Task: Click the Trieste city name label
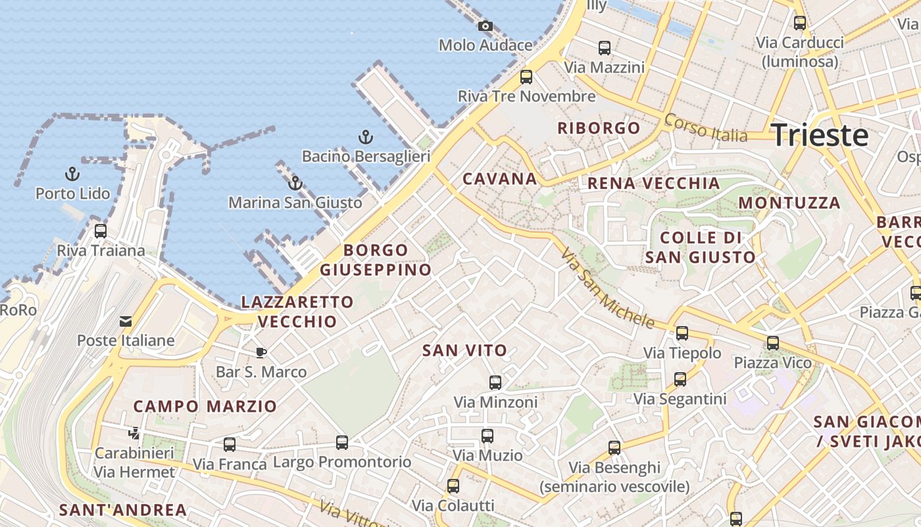pyautogui.click(x=820, y=135)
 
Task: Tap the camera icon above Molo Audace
pyautogui.click(x=485, y=26)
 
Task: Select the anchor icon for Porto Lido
pyautogui.click(x=72, y=175)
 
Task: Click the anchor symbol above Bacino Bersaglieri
pyautogui.click(x=365, y=137)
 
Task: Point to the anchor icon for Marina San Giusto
pyautogui.click(x=295, y=183)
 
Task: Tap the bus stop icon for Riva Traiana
pyautogui.click(x=100, y=231)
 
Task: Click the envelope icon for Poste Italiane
pyautogui.click(x=125, y=321)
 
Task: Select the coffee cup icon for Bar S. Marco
pyautogui.click(x=261, y=352)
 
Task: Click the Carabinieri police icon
pyautogui.click(x=134, y=433)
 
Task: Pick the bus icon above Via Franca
pyautogui.click(x=229, y=445)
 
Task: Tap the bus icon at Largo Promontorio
pyautogui.click(x=341, y=443)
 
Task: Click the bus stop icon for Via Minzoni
pyautogui.click(x=495, y=382)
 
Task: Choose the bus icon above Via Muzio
pyautogui.click(x=487, y=436)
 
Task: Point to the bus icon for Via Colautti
pyautogui.click(x=453, y=487)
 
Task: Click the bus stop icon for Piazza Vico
pyautogui.click(x=772, y=343)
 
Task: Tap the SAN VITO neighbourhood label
pyautogui.click(x=464, y=350)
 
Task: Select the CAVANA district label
pyautogui.click(x=499, y=179)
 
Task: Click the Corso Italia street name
pyautogui.click(x=705, y=128)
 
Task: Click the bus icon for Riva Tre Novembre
pyautogui.click(x=526, y=77)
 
